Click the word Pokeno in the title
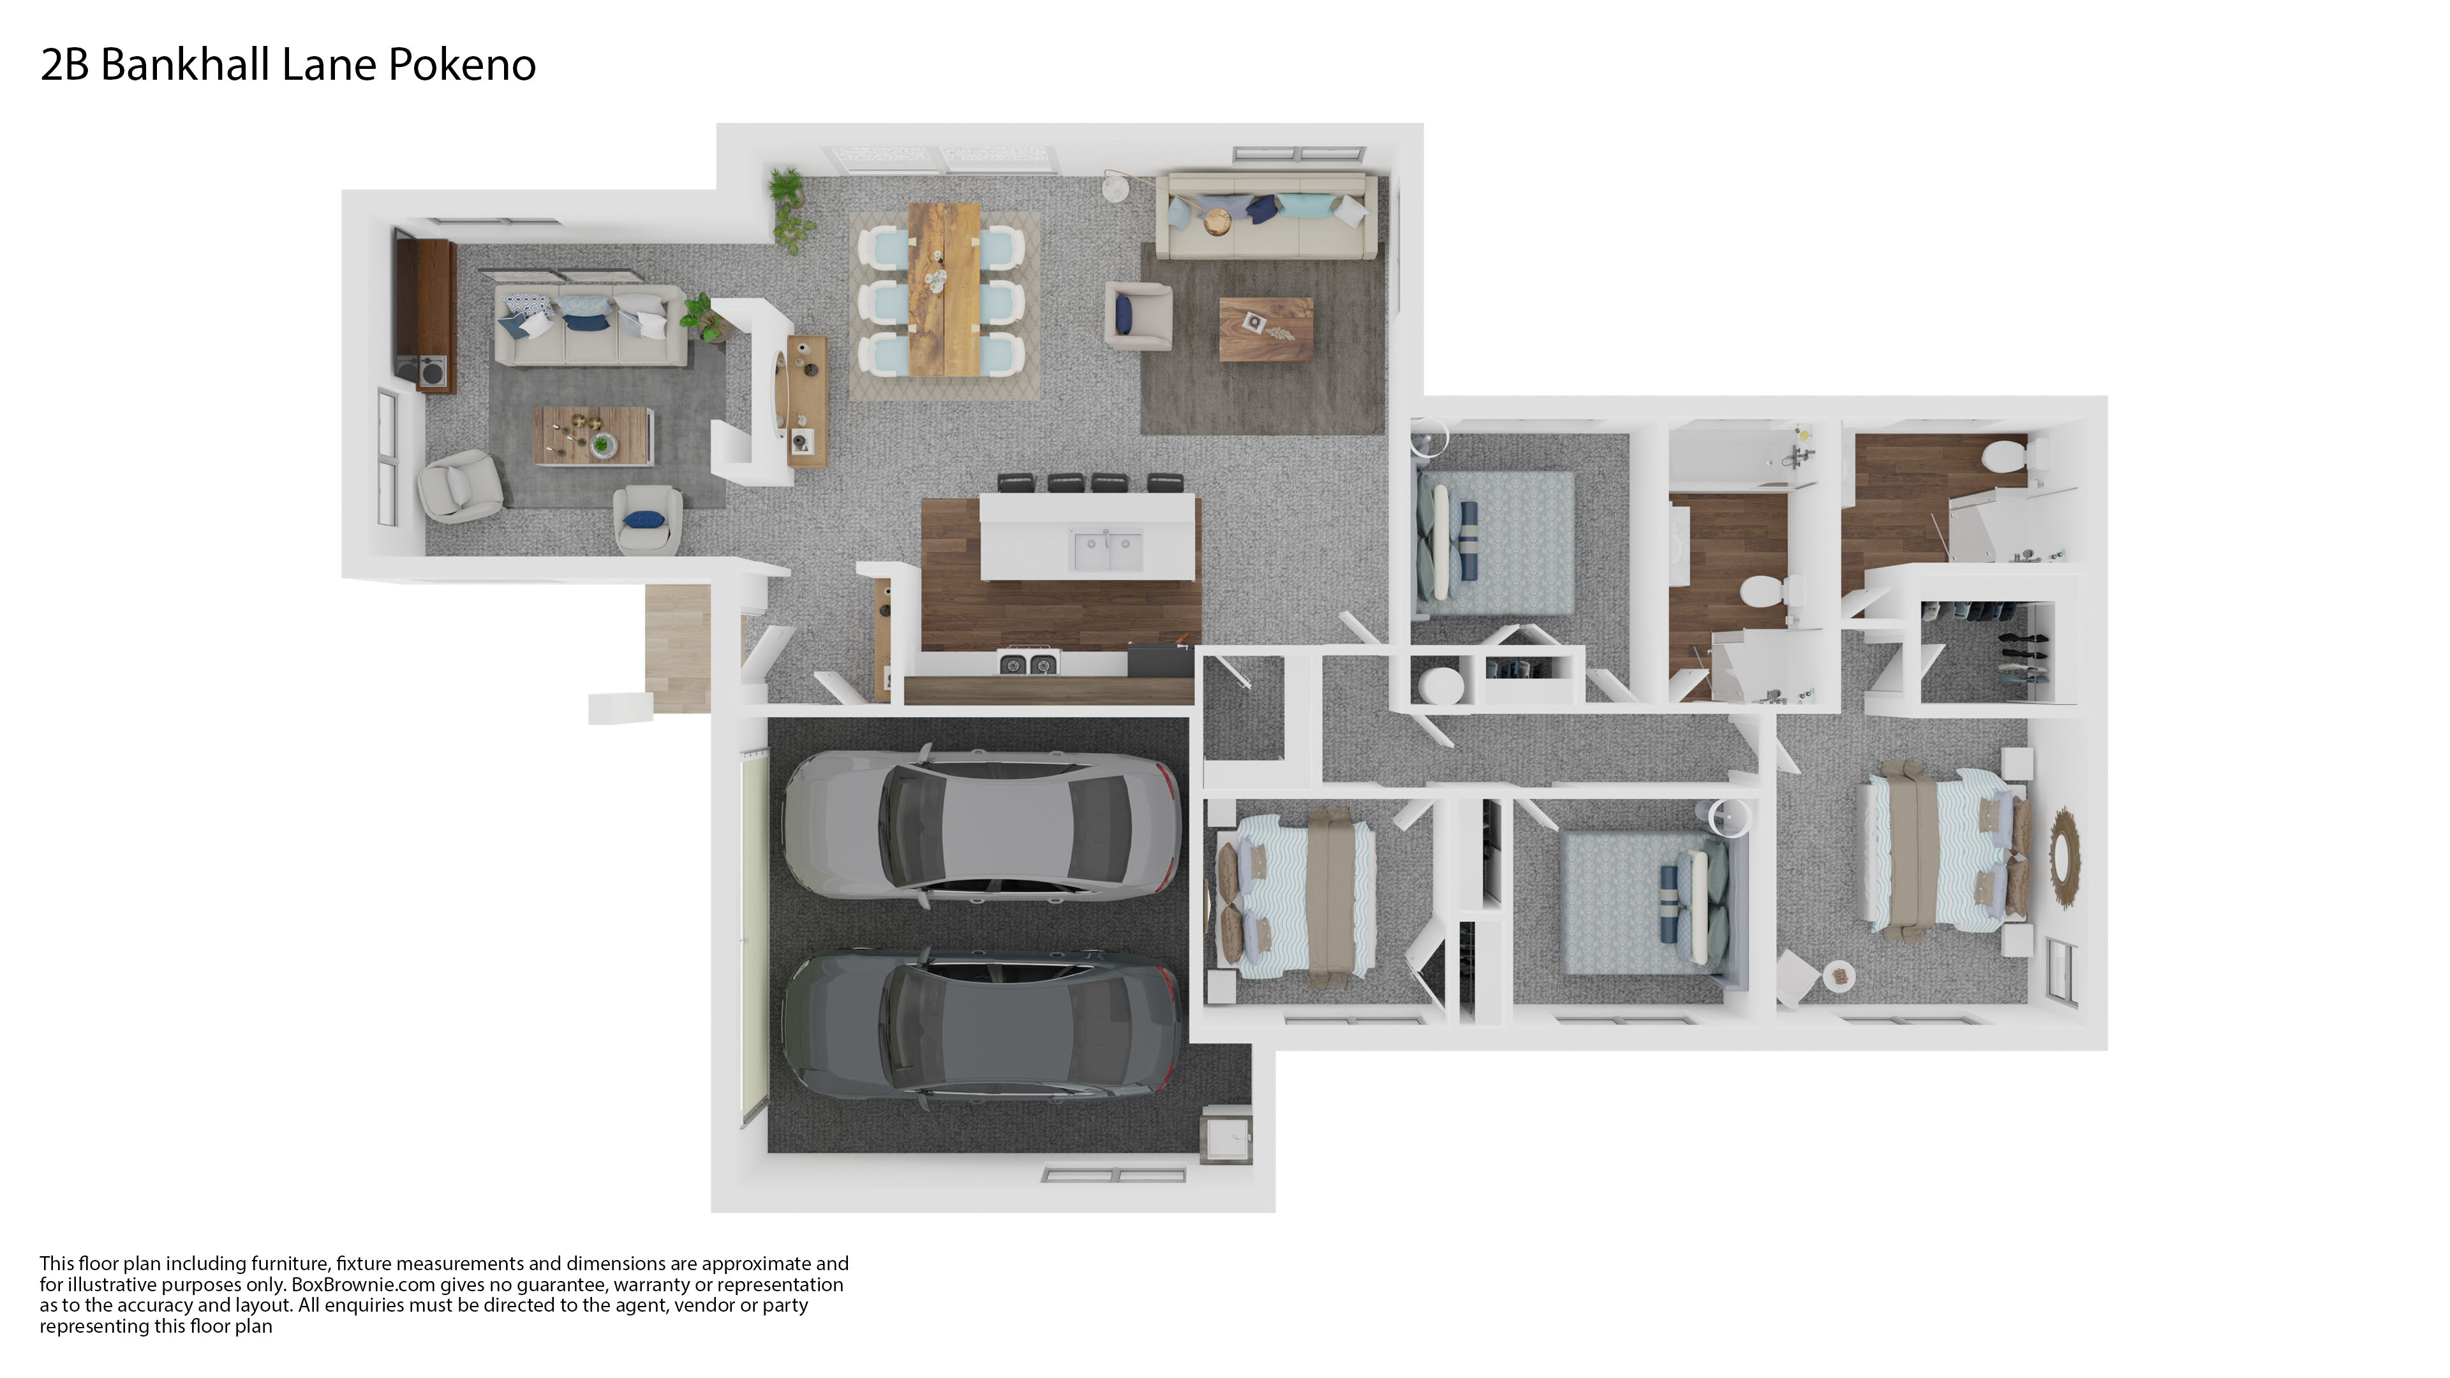tap(462, 64)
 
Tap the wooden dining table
tap(944, 288)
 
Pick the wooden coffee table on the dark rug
tap(1266, 329)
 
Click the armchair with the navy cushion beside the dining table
tap(1138, 315)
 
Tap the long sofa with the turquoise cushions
tap(1266, 216)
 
